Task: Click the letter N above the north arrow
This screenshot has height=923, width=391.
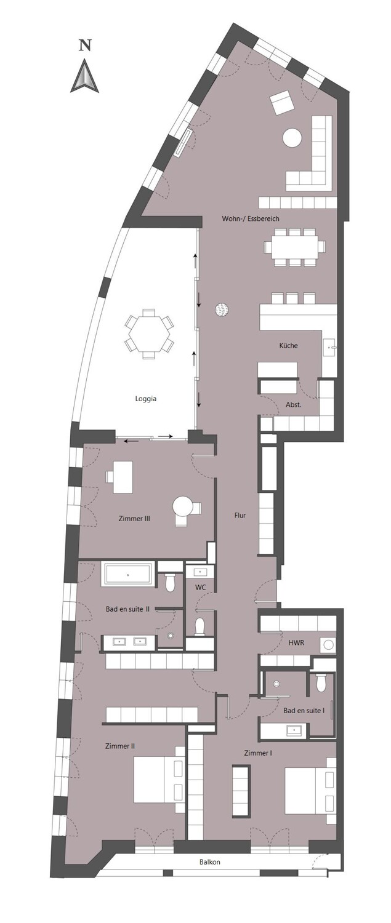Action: (85, 45)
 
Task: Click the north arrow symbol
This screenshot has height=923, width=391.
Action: (85, 76)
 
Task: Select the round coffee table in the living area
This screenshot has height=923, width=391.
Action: (292, 138)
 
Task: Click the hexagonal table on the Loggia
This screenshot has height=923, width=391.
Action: (148, 333)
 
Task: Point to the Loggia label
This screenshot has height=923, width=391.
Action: (146, 399)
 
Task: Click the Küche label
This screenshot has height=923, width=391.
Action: (288, 346)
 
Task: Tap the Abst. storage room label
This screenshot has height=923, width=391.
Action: (293, 404)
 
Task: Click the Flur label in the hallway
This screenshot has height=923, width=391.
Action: (240, 515)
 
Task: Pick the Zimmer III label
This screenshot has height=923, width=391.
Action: (134, 519)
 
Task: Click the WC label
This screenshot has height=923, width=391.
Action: (200, 588)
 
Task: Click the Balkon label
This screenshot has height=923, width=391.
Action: (209, 862)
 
